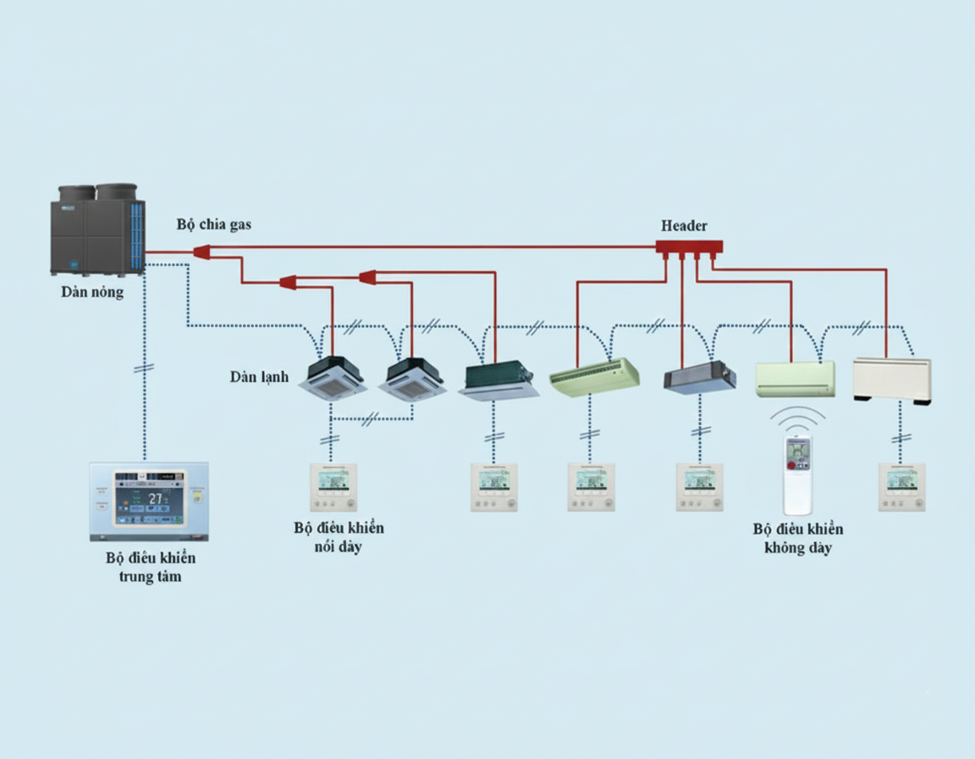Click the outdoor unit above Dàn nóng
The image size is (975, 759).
(x=98, y=230)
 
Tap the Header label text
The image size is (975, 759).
(x=684, y=226)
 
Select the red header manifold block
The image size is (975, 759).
(x=689, y=247)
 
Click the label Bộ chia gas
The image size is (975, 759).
(x=213, y=224)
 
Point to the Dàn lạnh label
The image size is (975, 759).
(x=259, y=376)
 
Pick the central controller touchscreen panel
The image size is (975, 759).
(x=149, y=500)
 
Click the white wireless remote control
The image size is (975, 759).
(x=797, y=474)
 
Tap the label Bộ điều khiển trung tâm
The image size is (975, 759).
(x=151, y=568)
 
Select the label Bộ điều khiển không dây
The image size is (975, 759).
(x=798, y=539)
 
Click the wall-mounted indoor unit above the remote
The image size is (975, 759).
(x=795, y=379)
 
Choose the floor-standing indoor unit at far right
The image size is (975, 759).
(x=892, y=379)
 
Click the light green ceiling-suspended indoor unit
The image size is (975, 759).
(x=593, y=377)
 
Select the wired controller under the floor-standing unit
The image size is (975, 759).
(x=901, y=487)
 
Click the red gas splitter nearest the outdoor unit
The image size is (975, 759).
(x=201, y=252)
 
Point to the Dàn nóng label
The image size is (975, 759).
(x=92, y=292)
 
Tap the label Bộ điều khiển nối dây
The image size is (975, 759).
(x=339, y=537)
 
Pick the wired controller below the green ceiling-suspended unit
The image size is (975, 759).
(x=591, y=487)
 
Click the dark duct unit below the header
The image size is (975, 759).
(x=699, y=377)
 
